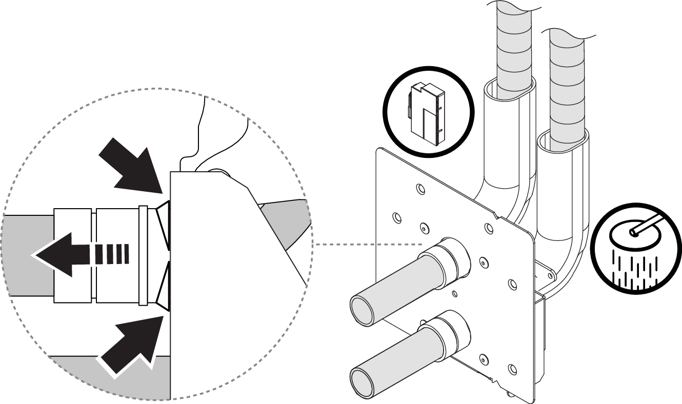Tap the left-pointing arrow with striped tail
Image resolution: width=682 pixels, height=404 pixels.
pyautogui.click(x=77, y=253)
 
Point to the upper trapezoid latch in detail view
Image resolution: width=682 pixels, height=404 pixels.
pyautogui.click(x=164, y=224)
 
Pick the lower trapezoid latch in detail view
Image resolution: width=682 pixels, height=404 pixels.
pyautogui.click(x=164, y=285)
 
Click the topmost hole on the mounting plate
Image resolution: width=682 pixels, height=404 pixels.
pyautogui.click(x=420, y=189)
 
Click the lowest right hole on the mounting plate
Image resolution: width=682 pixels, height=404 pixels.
pyautogui.click(x=511, y=368)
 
